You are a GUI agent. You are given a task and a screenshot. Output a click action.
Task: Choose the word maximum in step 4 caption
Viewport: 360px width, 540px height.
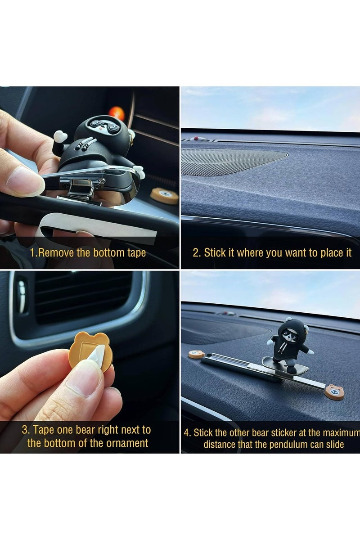[340, 433]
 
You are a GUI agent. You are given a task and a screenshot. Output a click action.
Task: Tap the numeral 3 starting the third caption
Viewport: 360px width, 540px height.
[24, 430]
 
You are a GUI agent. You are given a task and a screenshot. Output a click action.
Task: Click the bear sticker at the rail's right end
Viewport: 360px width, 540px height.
[334, 391]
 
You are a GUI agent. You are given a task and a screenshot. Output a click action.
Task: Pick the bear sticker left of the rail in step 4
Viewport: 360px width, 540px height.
[197, 354]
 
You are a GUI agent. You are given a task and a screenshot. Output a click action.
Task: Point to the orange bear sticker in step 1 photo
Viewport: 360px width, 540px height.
[164, 196]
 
